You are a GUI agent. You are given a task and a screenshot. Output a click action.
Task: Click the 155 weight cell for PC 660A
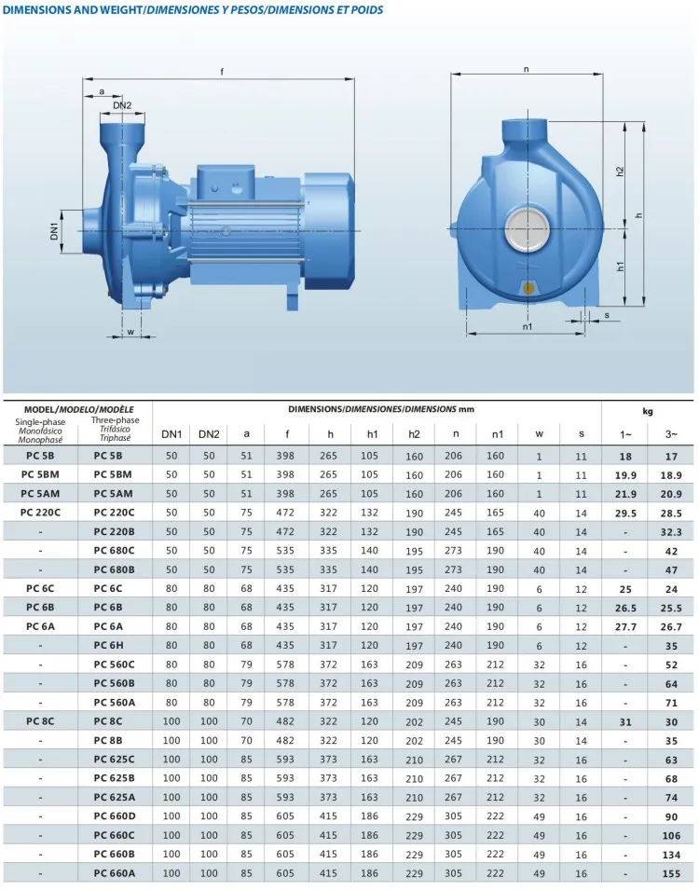[670, 873]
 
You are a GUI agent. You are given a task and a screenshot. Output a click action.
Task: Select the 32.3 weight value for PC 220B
[670, 530]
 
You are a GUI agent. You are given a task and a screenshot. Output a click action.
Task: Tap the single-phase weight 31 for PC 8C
[625, 720]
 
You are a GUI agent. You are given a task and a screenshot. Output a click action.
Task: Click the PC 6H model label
[114, 645]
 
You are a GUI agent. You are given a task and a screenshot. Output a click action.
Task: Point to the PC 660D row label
[114, 816]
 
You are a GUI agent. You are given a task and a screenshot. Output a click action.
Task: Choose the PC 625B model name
[114, 777]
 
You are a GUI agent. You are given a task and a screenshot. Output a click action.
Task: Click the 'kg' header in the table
[648, 410]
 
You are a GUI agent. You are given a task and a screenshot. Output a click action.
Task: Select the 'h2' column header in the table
[414, 433]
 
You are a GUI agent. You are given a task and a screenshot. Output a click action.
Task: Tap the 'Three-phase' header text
[115, 420]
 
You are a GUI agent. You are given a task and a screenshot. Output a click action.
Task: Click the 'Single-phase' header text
[40, 420]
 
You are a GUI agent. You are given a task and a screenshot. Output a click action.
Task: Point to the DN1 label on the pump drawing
[54, 230]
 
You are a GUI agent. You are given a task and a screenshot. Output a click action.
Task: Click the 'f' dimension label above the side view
[221, 72]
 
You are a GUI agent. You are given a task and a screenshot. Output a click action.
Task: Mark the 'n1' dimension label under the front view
[527, 326]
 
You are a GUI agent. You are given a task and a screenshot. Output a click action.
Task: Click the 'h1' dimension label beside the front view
[621, 267]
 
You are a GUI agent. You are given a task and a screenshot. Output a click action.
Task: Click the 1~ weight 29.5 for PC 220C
[625, 512]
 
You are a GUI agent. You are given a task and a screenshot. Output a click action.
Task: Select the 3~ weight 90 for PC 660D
[670, 816]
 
